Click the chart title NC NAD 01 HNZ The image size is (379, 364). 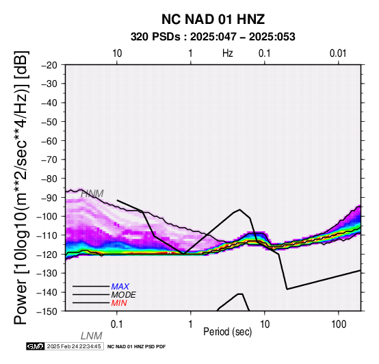tap(213, 19)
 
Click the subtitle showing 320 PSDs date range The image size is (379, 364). tap(213, 37)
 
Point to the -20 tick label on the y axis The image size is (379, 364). tap(50, 65)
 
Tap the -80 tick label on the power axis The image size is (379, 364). tap(50, 179)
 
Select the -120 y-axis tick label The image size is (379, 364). tap(47, 255)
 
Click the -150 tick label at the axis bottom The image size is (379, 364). tap(47, 311)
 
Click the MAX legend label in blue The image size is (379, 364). tap(120, 287)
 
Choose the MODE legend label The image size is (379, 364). tap(124, 295)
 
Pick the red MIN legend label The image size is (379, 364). tap(119, 303)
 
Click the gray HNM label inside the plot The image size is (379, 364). tap(92, 194)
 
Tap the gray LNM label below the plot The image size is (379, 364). tap(92, 336)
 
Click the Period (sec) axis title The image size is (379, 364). tap(227, 332)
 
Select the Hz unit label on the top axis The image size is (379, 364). tap(228, 53)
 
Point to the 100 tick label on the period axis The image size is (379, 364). tap(339, 324)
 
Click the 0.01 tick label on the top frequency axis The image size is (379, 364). tap(338, 53)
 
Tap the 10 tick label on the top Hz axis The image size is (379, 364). tap(117, 53)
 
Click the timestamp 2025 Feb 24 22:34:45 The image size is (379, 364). tap(74, 347)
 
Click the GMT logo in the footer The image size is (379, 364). tap(36, 346)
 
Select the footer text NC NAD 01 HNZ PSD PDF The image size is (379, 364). tap(137, 347)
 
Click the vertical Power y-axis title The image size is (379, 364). tap(21, 187)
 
